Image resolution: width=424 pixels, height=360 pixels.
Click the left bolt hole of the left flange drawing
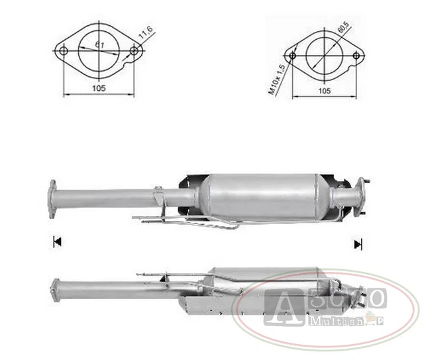click(x=63, y=51)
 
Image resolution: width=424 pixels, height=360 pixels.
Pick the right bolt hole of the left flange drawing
click(x=134, y=51)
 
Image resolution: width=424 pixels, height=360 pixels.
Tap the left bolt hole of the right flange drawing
click(x=292, y=56)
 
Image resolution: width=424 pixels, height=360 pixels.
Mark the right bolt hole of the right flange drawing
click(x=356, y=56)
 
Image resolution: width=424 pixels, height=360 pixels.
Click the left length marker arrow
click(x=56, y=242)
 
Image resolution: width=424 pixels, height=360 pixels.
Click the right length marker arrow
click(x=358, y=244)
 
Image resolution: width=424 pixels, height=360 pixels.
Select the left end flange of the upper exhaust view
click(x=52, y=198)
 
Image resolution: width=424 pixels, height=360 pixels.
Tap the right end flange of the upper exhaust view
click(x=361, y=196)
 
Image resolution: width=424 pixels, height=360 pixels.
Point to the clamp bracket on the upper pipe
click(x=159, y=197)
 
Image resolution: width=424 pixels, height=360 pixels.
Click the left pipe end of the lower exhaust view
click(x=55, y=290)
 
